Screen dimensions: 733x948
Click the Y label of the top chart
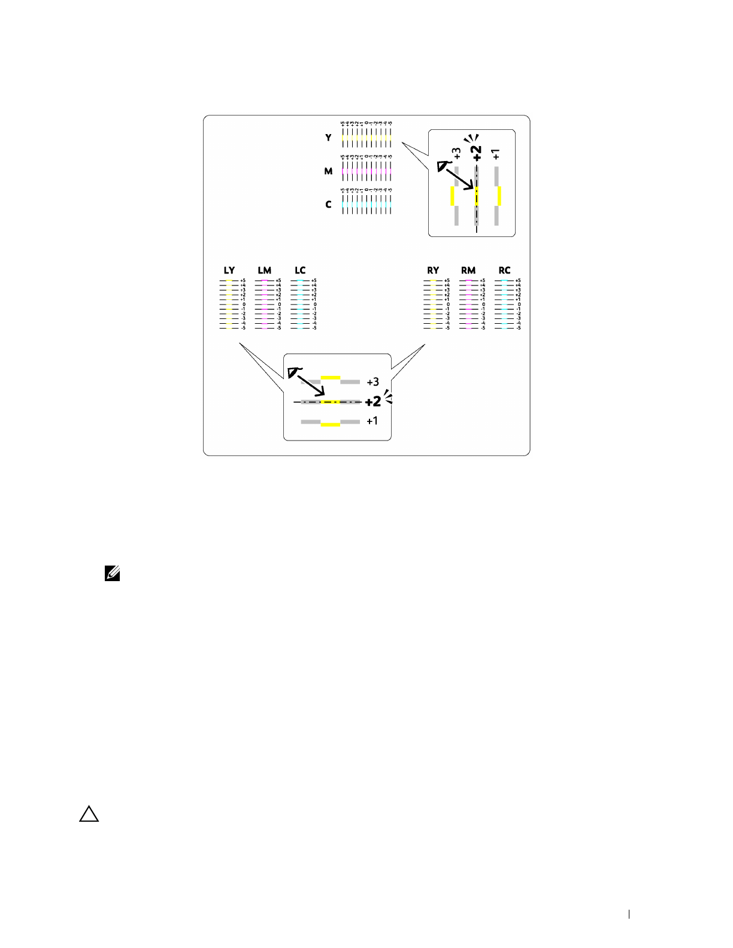pos(328,138)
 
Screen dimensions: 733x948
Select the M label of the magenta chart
pos(328,171)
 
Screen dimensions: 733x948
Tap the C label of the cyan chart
pos(328,205)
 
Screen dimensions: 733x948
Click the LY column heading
pos(229,271)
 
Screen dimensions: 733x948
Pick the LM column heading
pos(265,271)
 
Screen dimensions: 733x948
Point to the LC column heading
pos(300,271)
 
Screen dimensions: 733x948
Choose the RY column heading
pos(433,271)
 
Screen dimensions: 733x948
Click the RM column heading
pos(468,271)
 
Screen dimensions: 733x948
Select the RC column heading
pos(504,271)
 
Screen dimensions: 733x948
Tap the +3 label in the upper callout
pos(457,153)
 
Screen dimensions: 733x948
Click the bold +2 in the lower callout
pos(372,402)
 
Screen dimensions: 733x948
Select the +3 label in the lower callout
pos(372,382)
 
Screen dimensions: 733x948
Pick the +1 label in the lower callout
pos(372,421)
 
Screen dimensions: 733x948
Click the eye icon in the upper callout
pos(443,166)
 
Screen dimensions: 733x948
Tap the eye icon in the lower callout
pos(293,372)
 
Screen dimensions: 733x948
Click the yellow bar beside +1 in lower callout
pos(331,424)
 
